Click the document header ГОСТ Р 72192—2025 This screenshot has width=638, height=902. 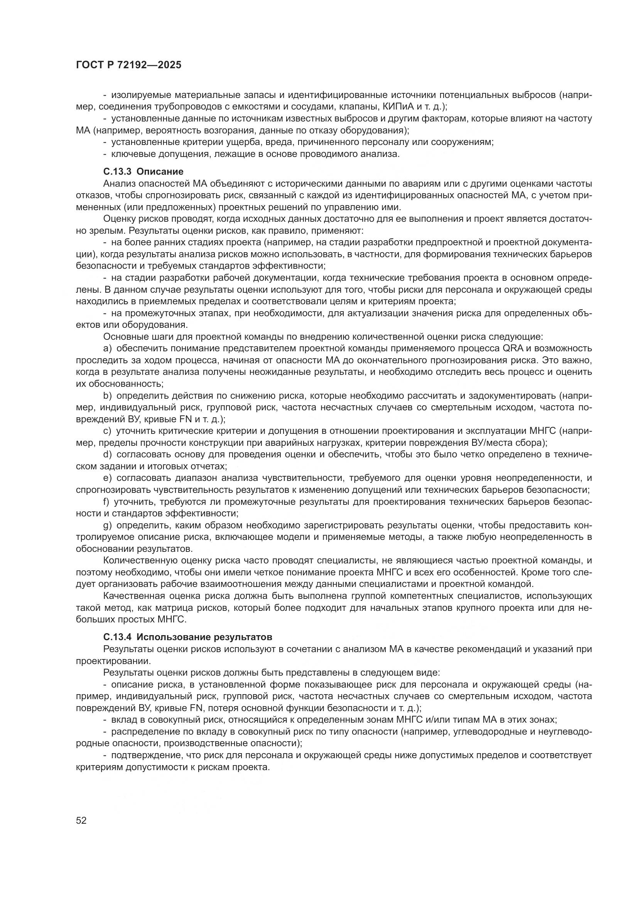pos(128,65)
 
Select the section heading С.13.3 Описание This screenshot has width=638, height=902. pos(143,172)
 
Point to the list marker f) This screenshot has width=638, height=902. pos(107,502)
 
